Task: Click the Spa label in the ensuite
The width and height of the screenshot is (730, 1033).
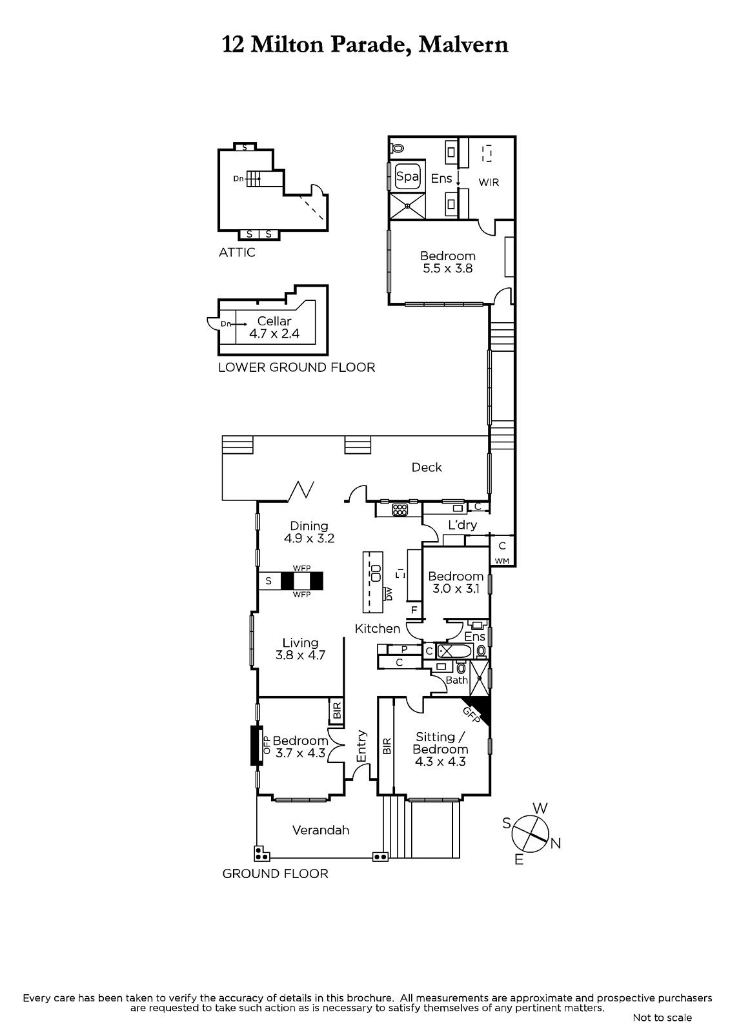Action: pyautogui.click(x=407, y=177)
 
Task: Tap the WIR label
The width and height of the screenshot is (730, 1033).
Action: pyautogui.click(x=489, y=182)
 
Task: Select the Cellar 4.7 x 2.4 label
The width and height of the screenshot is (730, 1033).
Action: pyautogui.click(x=274, y=327)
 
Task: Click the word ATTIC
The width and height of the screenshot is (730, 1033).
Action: pyautogui.click(x=237, y=252)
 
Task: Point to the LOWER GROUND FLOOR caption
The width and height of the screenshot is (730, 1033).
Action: pyautogui.click(x=296, y=367)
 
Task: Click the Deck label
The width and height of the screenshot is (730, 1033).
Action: pyautogui.click(x=427, y=467)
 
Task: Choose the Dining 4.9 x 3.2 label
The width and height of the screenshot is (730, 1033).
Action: pyautogui.click(x=309, y=532)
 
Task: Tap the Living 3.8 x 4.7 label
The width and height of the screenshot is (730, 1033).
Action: pyautogui.click(x=300, y=649)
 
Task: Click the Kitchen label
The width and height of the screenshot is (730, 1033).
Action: pyautogui.click(x=377, y=629)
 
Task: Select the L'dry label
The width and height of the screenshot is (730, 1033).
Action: pyautogui.click(x=463, y=525)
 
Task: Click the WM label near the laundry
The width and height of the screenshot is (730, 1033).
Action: pyautogui.click(x=502, y=561)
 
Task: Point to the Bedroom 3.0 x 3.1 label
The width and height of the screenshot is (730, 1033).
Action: pyautogui.click(x=456, y=582)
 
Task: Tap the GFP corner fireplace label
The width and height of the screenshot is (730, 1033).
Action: pyautogui.click(x=471, y=715)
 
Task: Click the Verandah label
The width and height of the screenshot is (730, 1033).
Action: pyautogui.click(x=321, y=830)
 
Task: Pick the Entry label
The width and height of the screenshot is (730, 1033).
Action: pyautogui.click(x=361, y=746)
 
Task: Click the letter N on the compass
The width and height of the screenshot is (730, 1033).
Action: pyautogui.click(x=556, y=843)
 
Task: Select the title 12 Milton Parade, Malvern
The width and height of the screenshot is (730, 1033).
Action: pyautogui.click(x=365, y=45)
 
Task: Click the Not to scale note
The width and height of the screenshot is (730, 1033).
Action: pyautogui.click(x=662, y=1018)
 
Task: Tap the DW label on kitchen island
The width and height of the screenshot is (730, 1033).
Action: pyautogui.click(x=389, y=594)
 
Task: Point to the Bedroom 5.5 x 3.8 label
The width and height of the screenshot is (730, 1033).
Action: pyautogui.click(x=448, y=262)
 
